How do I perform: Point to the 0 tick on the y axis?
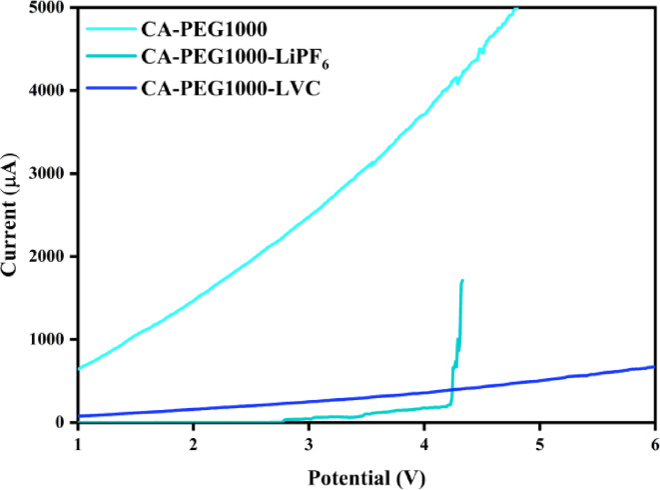(63, 423)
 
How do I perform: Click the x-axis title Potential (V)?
(365, 474)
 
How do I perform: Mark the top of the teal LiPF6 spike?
(462, 281)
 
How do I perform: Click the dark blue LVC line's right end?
(654, 367)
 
